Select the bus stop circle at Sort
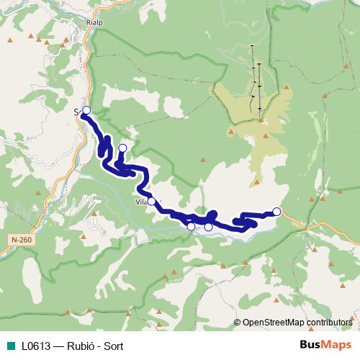pos(86,110)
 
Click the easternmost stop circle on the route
pos(276,211)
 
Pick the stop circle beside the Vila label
pos(151,202)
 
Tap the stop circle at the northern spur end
pos(122,148)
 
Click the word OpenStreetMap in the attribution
pos(271,323)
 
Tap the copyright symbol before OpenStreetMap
pos(238,323)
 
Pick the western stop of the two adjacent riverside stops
pos(191,227)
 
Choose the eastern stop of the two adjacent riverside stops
pos(209,227)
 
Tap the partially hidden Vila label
pos(142,202)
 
